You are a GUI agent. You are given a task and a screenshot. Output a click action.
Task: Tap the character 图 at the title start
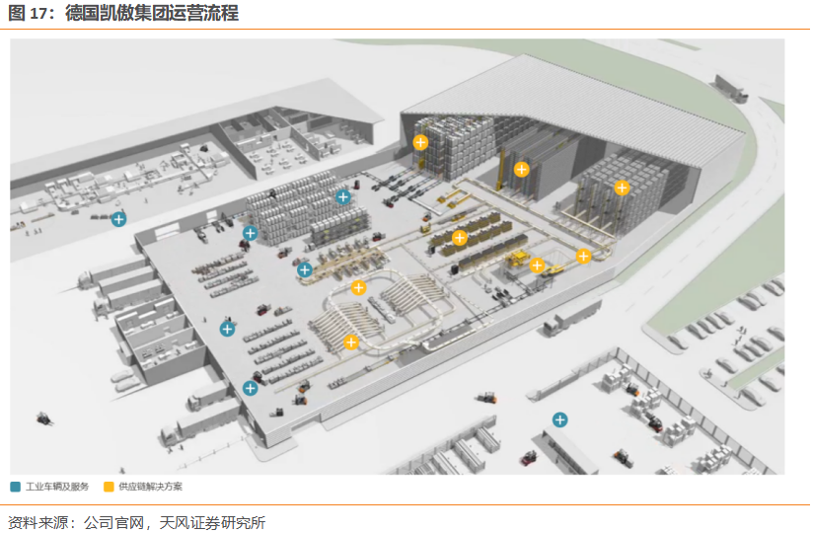(17, 14)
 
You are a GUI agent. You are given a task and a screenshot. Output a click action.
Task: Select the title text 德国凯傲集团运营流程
(152, 14)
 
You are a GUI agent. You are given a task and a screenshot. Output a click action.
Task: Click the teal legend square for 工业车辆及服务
(16, 487)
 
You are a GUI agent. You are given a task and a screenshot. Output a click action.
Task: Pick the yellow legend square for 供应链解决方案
(109, 487)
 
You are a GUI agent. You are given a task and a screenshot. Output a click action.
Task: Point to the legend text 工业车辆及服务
(58, 487)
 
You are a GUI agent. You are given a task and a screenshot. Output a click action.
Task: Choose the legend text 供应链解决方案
(151, 487)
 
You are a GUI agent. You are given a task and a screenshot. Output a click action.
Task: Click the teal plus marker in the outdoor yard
(560, 419)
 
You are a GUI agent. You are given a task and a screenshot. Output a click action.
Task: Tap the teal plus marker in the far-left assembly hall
(118, 219)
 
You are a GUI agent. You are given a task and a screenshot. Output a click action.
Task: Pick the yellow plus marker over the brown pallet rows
(460, 237)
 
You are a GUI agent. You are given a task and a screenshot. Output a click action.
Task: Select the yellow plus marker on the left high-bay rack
(421, 142)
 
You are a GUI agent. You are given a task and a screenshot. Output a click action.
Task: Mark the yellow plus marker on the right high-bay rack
(622, 188)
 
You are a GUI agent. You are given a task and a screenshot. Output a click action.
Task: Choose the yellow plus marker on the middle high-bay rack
(522, 169)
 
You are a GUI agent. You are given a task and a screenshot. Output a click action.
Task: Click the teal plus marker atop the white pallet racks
(343, 196)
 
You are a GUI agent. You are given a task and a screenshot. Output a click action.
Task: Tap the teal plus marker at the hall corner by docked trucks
(250, 388)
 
